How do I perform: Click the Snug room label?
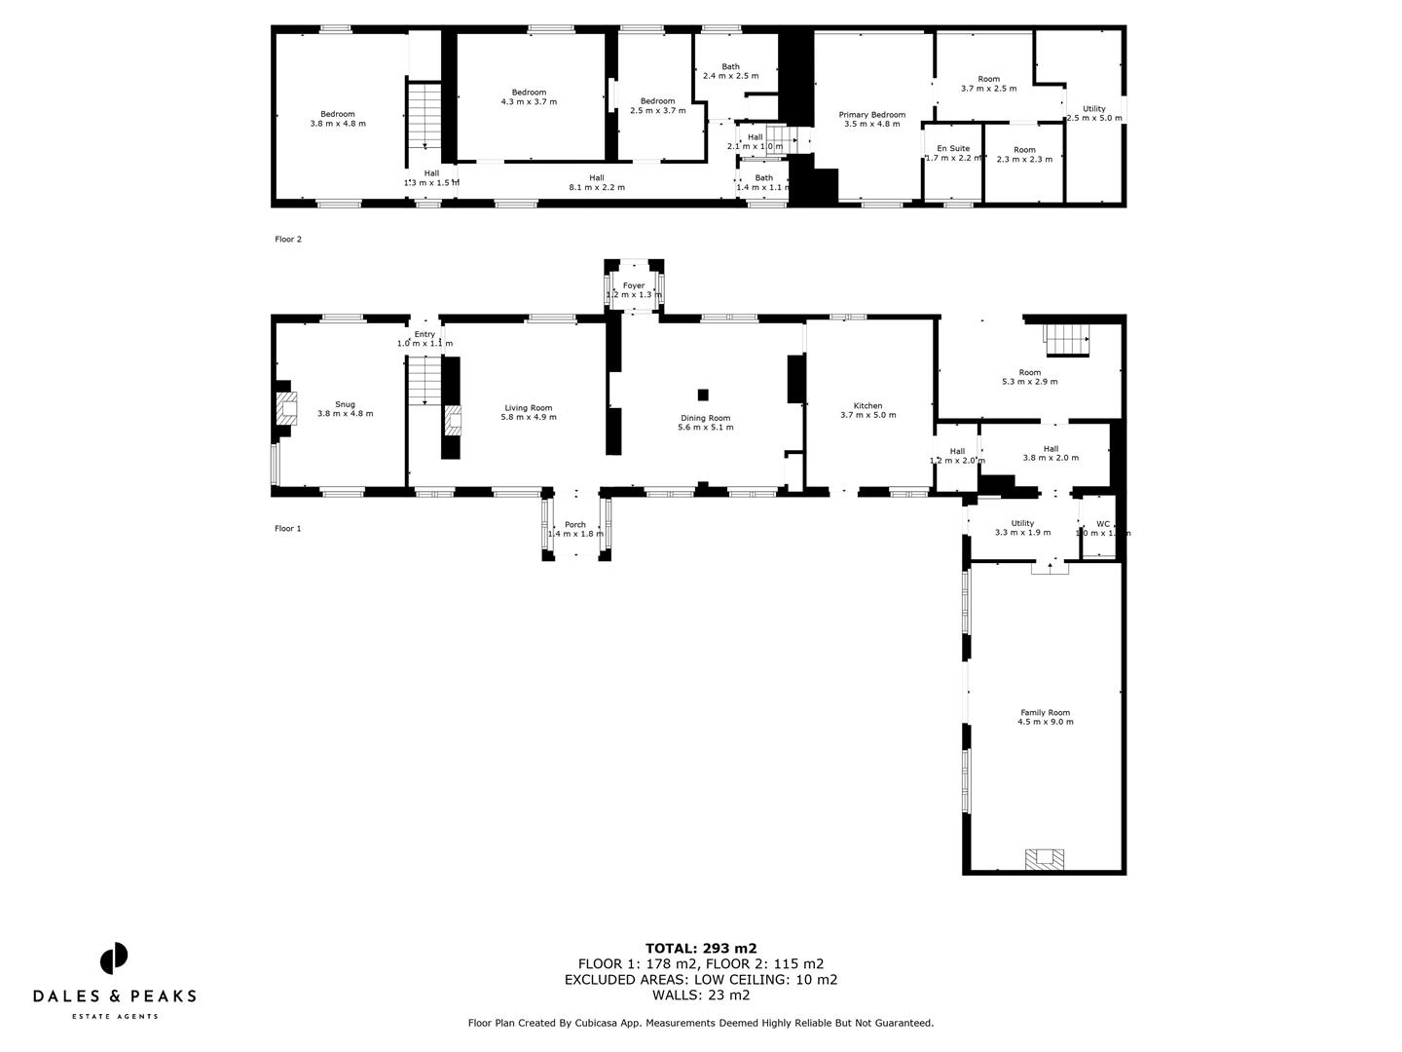pyautogui.click(x=345, y=404)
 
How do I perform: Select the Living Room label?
pyautogui.click(x=529, y=408)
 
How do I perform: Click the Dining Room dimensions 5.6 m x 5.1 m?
pyautogui.click(x=706, y=427)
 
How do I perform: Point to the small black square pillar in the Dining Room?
pyautogui.click(x=703, y=394)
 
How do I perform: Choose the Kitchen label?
pyautogui.click(x=867, y=405)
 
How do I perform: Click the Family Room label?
pyautogui.click(x=1045, y=712)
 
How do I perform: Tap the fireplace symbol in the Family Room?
pyautogui.click(x=1046, y=858)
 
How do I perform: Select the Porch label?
pyautogui.click(x=575, y=524)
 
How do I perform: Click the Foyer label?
pyautogui.click(x=634, y=285)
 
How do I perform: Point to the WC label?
pyautogui.click(x=1103, y=524)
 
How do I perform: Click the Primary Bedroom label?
pyautogui.click(x=872, y=115)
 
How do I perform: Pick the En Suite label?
pyautogui.click(x=953, y=149)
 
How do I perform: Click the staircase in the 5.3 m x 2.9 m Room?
pyautogui.click(x=1067, y=340)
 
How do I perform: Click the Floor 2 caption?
pyautogui.click(x=288, y=239)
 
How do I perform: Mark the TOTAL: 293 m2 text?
pyautogui.click(x=701, y=948)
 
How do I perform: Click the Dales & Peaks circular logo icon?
pyautogui.click(x=114, y=958)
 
